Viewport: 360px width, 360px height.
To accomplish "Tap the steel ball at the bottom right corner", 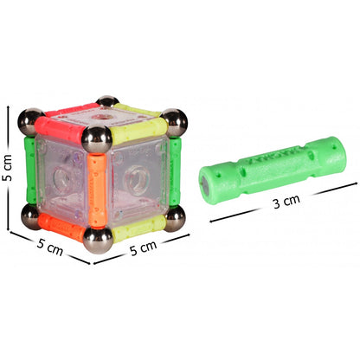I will [x=175, y=220].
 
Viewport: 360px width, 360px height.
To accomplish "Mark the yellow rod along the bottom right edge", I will [x=137, y=228].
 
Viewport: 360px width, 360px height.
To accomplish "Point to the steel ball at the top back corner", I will [x=108, y=103].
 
